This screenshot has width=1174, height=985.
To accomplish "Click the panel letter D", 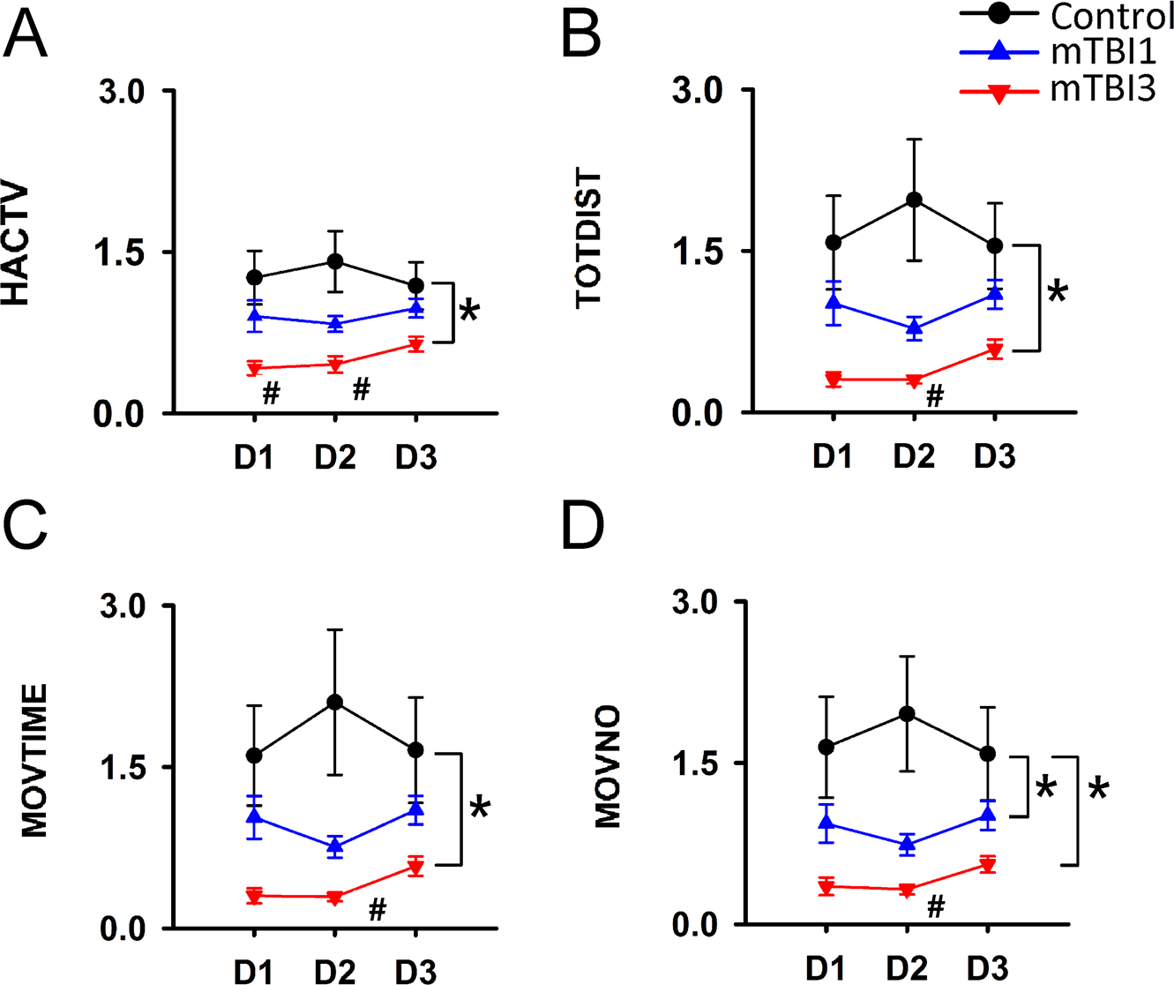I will (583, 526).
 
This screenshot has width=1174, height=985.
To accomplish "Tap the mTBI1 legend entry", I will (1103, 53).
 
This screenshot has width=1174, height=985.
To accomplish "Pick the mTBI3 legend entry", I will (1103, 89).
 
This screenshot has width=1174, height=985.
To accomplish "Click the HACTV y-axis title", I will (17, 245).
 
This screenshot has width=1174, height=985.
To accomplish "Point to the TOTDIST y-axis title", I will (588, 240).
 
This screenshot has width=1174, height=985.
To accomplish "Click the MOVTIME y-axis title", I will (34, 759).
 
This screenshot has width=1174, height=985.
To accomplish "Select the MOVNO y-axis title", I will (608, 766).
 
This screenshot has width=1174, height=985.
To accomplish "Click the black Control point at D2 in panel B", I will (914, 199).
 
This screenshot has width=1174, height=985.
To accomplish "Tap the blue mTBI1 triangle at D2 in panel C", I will (334, 846).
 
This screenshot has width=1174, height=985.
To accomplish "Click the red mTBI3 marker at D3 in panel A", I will (415, 345).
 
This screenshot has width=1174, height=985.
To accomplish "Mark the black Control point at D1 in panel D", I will (826, 747).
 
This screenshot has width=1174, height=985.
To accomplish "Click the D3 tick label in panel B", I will (994, 457).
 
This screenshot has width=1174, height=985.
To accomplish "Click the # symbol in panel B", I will (935, 397).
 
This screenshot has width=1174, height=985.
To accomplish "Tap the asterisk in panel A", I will (469, 312).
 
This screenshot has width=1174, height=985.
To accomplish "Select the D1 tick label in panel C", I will (254, 972).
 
